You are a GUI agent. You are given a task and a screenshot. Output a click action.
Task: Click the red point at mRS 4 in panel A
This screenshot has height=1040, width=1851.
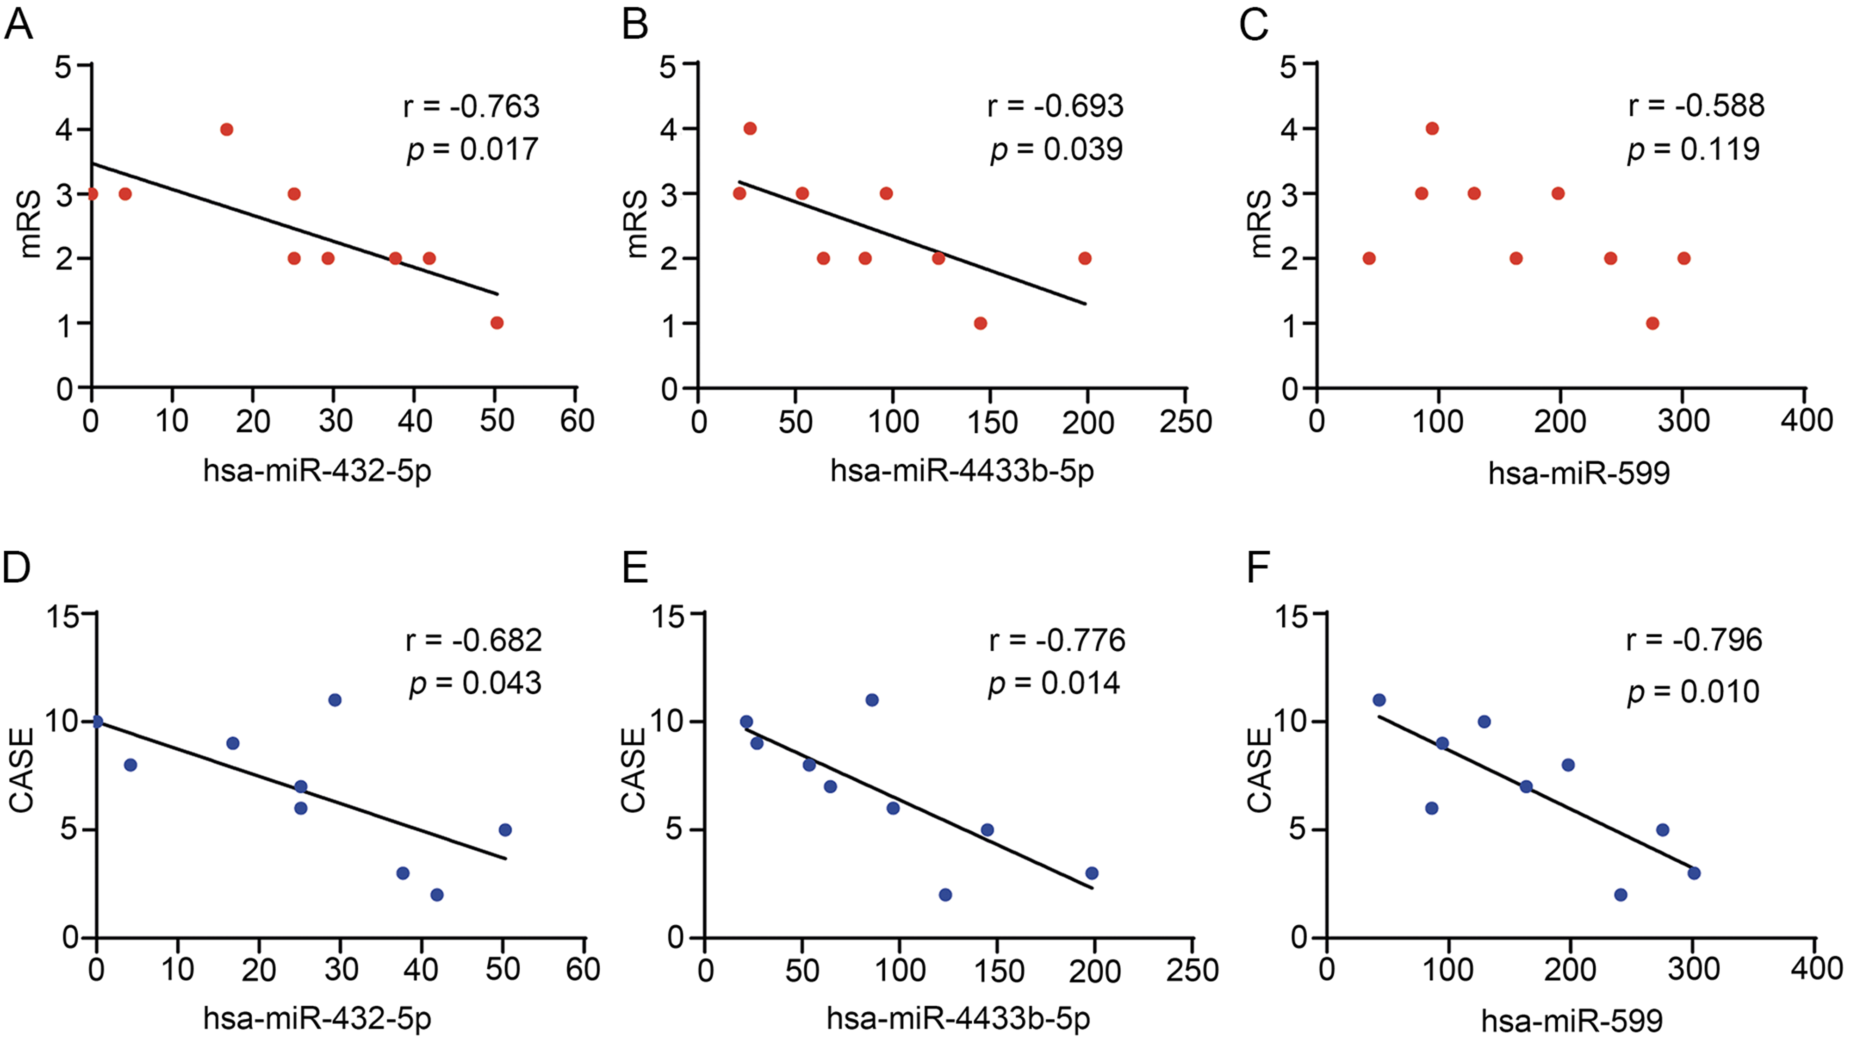click(226, 130)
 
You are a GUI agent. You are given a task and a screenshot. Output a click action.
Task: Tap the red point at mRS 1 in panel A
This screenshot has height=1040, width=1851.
click(497, 323)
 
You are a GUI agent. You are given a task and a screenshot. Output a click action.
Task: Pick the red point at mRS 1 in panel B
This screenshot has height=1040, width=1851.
click(980, 323)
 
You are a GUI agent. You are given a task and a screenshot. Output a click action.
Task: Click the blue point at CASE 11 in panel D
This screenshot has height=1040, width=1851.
click(334, 700)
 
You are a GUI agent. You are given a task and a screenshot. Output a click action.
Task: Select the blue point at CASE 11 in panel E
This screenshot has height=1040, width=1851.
click(872, 700)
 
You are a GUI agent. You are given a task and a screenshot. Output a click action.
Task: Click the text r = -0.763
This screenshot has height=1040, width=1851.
click(471, 106)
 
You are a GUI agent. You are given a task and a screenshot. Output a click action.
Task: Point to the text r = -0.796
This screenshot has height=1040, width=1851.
click(1694, 640)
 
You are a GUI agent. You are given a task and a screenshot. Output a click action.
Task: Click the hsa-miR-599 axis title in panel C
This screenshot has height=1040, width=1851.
click(1578, 473)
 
